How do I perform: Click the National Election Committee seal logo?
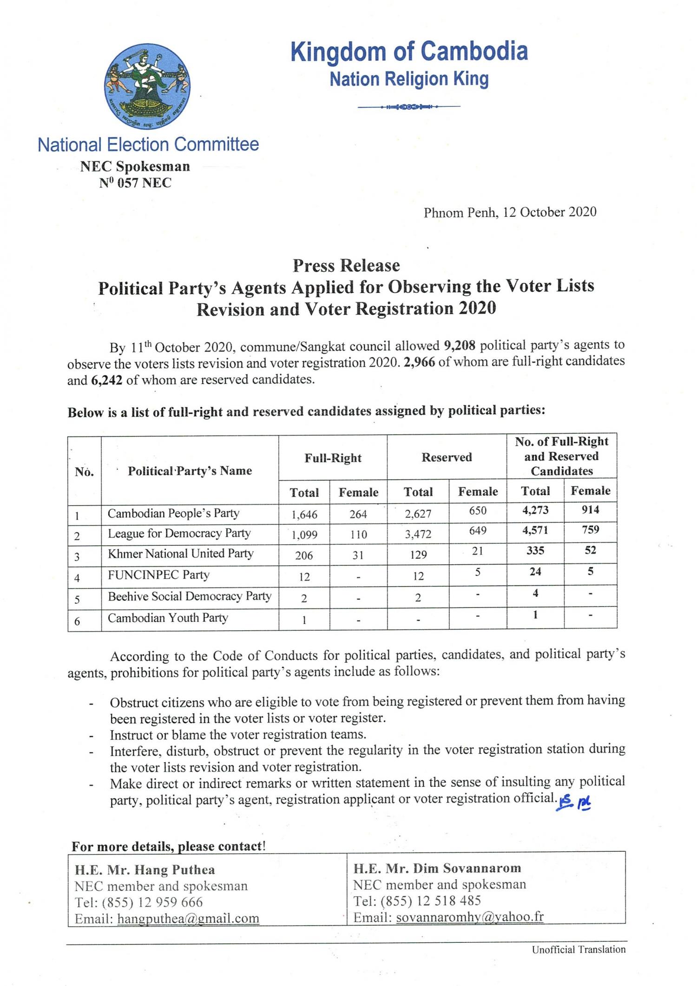tap(147, 86)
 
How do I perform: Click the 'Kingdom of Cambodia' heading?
tap(409, 51)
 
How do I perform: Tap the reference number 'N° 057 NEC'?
tap(135, 183)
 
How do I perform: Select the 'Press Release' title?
tap(346, 265)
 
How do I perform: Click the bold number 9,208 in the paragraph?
tap(460, 346)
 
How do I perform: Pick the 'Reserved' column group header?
tap(447, 457)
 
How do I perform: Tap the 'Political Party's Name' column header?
tap(190, 471)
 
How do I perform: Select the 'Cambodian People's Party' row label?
tap(173, 513)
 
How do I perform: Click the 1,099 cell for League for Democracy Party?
tap(304, 535)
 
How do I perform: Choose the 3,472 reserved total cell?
tap(418, 535)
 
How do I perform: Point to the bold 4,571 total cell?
tap(535, 530)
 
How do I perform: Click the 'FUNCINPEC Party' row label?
tap(158, 575)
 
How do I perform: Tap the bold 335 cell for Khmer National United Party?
tap(535, 551)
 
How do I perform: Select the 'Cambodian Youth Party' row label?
tap(168, 618)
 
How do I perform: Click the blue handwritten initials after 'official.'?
tap(573, 802)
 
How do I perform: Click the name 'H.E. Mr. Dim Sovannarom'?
tap(437, 868)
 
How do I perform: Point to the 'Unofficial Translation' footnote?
tap(579, 949)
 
